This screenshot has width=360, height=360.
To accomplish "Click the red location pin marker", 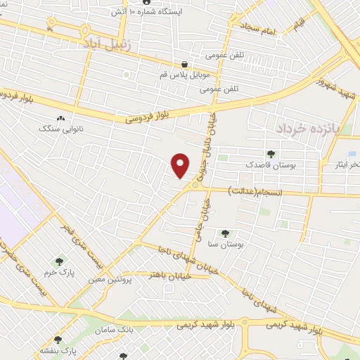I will pos(181,165).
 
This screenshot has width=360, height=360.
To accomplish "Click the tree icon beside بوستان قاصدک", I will pos(271,154).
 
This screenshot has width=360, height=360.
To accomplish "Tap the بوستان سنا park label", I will pos(225,244).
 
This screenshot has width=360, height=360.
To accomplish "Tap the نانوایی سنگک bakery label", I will pos(60,129).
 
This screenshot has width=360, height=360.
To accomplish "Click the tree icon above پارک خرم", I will pos(58,262).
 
